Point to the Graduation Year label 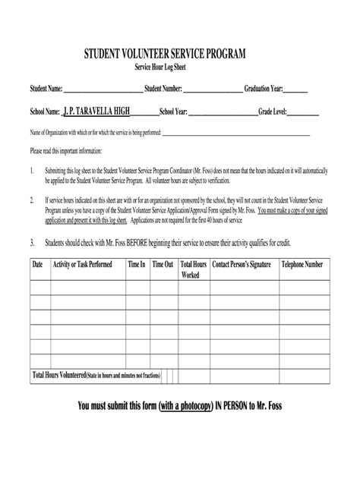264,89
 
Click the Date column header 37,265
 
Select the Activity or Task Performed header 82,265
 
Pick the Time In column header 137,265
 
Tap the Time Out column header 163,265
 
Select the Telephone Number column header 303,265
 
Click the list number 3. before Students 32,243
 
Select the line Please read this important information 71,151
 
